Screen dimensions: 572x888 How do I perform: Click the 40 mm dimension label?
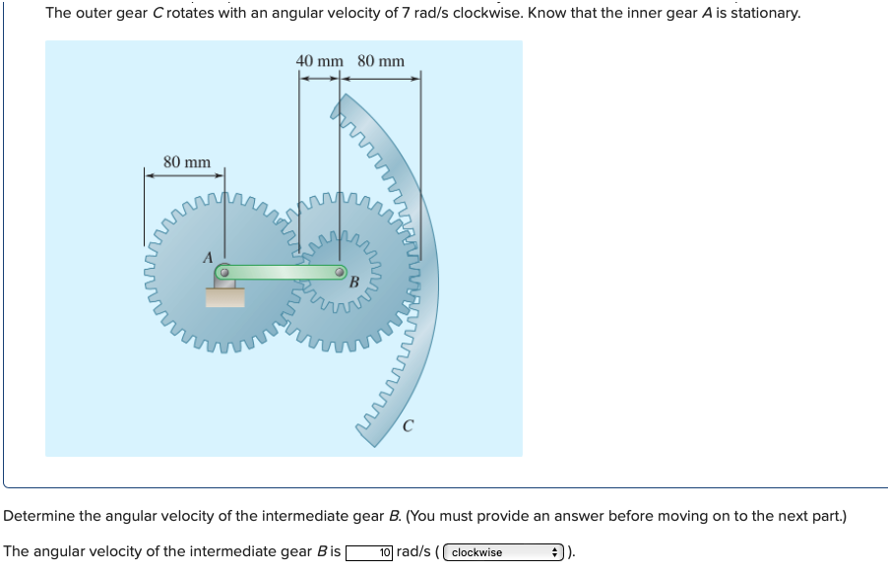tap(319, 61)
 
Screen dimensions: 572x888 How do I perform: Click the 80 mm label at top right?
tap(381, 61)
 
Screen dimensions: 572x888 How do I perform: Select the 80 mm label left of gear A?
tap(186, 161)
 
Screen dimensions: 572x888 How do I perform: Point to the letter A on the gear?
tap(208, 257)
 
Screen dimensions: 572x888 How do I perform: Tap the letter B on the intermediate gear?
tap(353, 283)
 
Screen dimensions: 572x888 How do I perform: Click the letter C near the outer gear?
tap(408, 427)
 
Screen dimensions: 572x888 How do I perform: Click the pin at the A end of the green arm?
tap(224, 271)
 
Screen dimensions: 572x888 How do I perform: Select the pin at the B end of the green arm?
tap(340, 271)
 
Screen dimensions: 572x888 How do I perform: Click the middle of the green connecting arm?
tap(282, 271)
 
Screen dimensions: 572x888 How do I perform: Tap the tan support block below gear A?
tap(224, 296)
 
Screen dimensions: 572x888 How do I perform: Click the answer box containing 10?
tap(370, 552)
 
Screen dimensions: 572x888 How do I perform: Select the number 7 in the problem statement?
tap(406, 13)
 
